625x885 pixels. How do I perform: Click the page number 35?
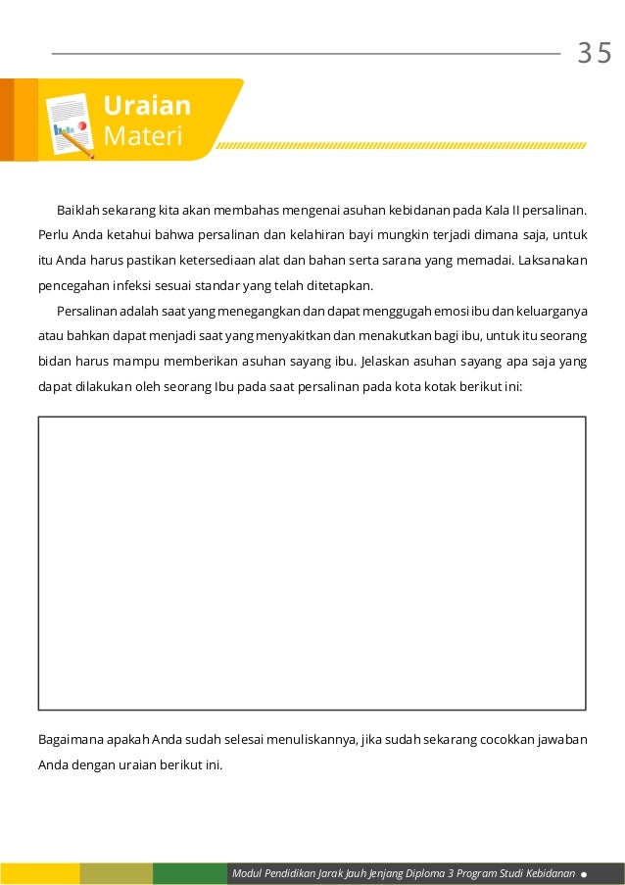pos(594,53)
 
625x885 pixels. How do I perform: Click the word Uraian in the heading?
pos(147,106)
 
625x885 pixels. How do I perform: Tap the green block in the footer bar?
pos(189,873)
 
